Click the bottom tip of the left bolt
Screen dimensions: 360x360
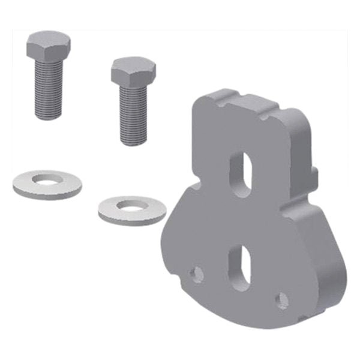[x=49, y=116]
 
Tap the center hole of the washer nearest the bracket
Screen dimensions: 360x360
[x=131, y=205]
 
